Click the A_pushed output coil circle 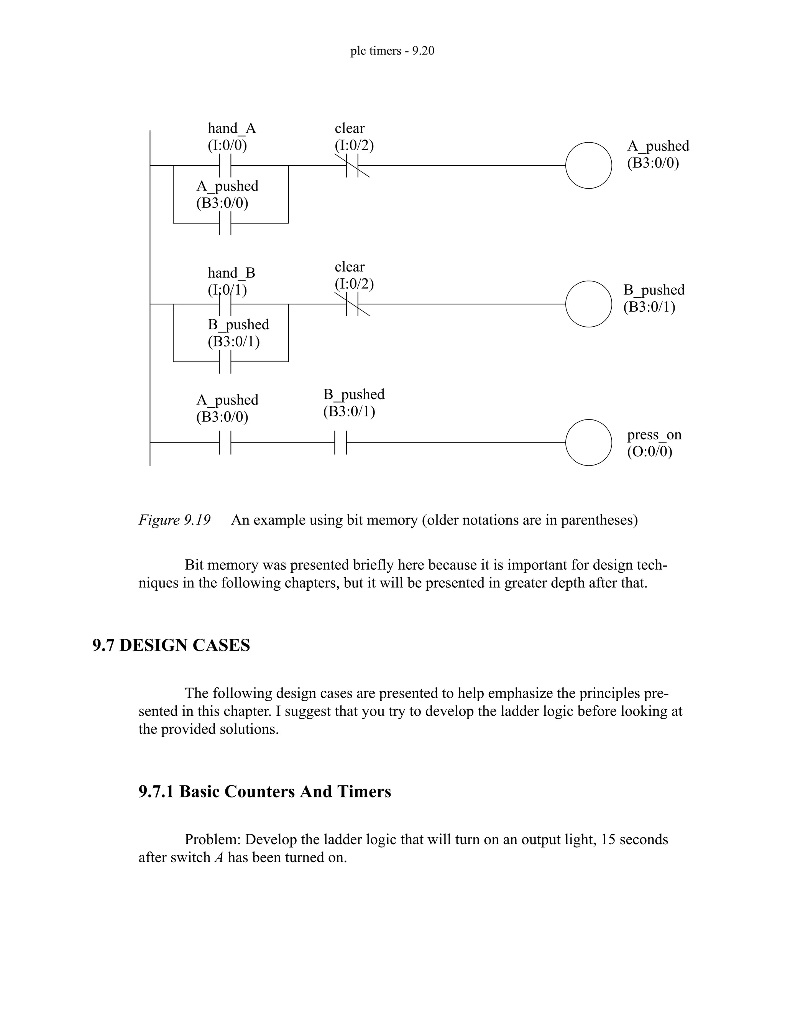pyautogui.click(x=588, y=165)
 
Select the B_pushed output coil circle pyautogui.click(x=588, y=304)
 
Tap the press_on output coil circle pyautogui.click(x=588, y=442)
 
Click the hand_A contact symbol pyautogui.click(x=225, y=165)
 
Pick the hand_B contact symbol pyautogui.click(x=225, y=304)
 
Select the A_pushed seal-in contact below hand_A pyautogui.click(x=225, y=223)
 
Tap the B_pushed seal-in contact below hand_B pyautogui.click(x=225, y=362)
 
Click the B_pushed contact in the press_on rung pyautogui.click(x=341, y=442)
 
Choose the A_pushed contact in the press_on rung pyautogui.click(x=225, y=442)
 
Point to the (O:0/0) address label pyautogui.click(x=649, y=452)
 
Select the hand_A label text pyautogui.click(x=232, y=128)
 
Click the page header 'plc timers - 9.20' pyautogui.click(x=392, y=51)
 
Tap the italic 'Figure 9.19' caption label pyautogui.click(x=174, y=520)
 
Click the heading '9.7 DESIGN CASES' pyautogui.click(x=171, y=645)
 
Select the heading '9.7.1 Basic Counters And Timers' pyautogui.click(x=264, y=791)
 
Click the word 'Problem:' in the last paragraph pyautogui.click(x=212, y=839)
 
